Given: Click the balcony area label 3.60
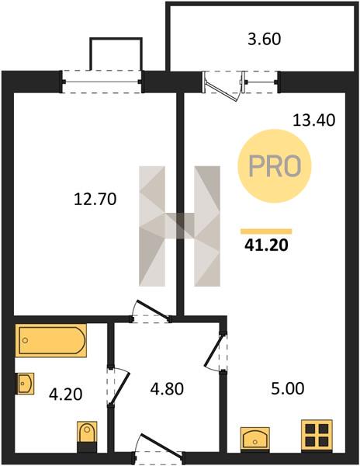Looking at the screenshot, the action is [x=264, y=40].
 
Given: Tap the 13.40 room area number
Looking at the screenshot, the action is [x=314, y=120].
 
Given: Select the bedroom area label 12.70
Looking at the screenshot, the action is [x=95, y=199].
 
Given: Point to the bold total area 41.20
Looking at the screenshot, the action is [x=266, y=245].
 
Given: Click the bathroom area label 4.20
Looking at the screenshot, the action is [x=65, y=395].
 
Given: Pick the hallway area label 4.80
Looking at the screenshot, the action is [x=167, y=389].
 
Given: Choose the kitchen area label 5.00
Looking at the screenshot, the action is [x=288, y=388].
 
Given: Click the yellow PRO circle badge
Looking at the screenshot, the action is [x=275, y=166].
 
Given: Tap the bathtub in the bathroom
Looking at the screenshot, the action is [x=50, y=340].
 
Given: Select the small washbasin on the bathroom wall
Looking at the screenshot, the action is [x=25, y=384].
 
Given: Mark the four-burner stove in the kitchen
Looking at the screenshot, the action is [x=317, y=436].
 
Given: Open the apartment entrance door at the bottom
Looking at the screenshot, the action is [x=161, y=444].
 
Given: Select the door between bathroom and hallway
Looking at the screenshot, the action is [x=119, y=389].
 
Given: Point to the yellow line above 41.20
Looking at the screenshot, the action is [x=266, y=231].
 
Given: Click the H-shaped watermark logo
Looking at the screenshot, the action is [x=179, y=226].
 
